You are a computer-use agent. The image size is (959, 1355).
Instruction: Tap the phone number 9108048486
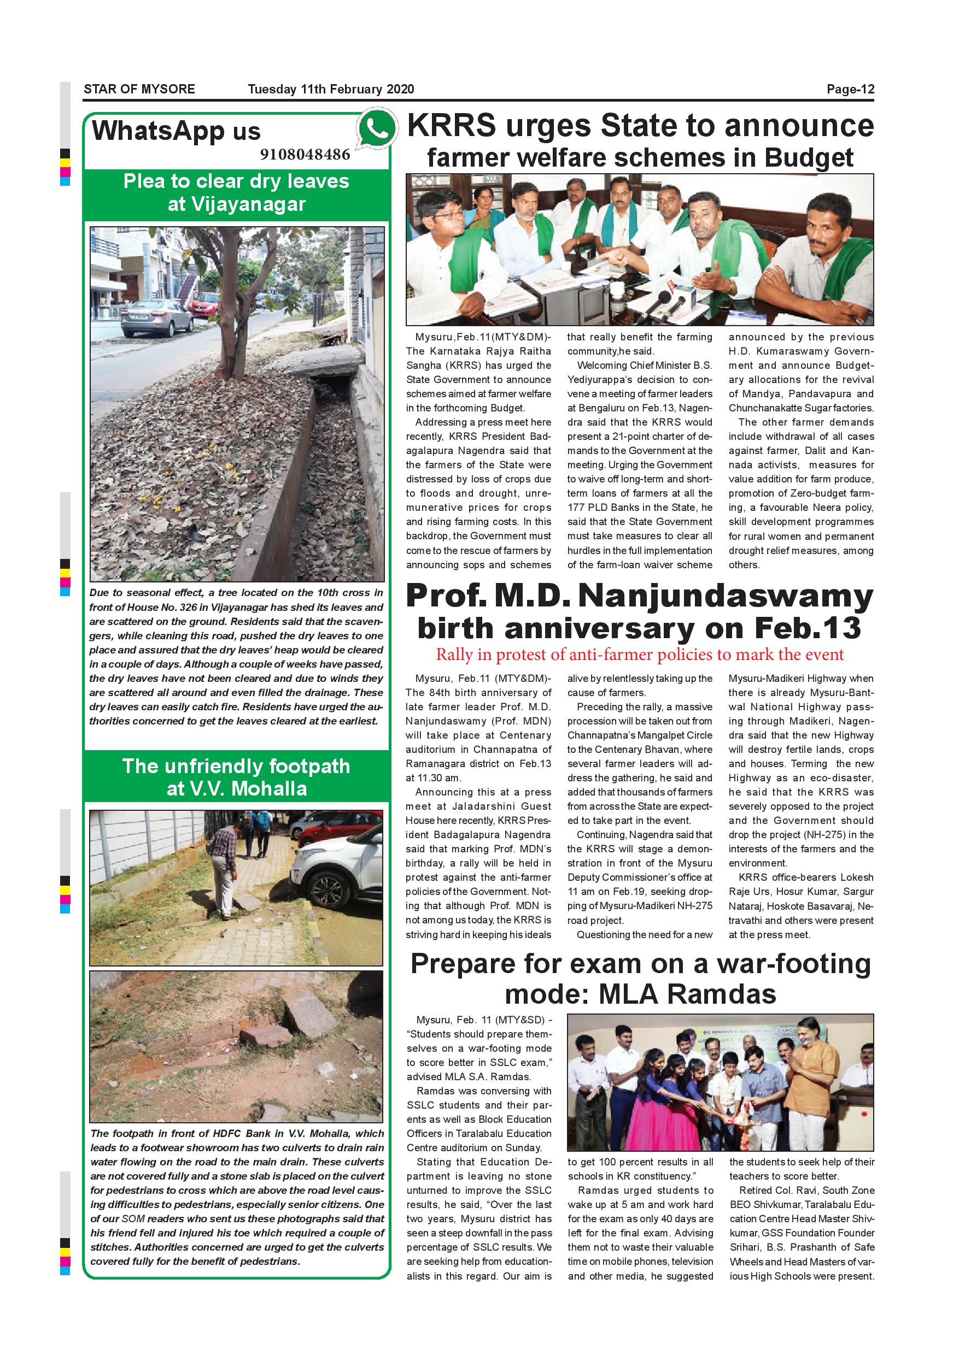(305, 155)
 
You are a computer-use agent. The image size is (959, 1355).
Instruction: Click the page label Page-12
(850, 89)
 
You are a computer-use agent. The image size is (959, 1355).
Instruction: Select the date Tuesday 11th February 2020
(331, 89)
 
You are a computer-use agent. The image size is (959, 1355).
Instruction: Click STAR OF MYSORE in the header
(139, 89)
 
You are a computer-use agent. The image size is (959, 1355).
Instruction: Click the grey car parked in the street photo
(148, 317)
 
